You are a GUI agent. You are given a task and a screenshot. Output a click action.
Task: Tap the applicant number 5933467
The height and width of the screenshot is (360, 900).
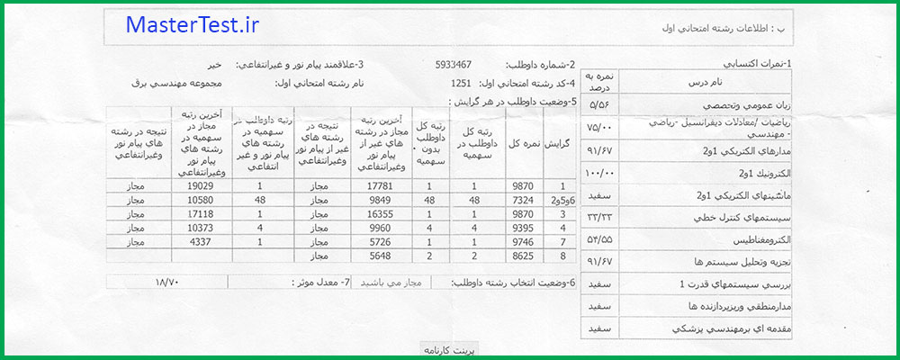[453, 66]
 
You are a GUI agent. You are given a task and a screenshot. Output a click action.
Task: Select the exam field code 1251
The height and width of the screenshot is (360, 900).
[460, 84]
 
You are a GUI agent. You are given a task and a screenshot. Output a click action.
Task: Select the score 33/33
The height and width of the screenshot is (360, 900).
[598, 218]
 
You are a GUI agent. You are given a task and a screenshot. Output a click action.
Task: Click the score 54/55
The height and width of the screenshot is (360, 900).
[598, 240]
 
